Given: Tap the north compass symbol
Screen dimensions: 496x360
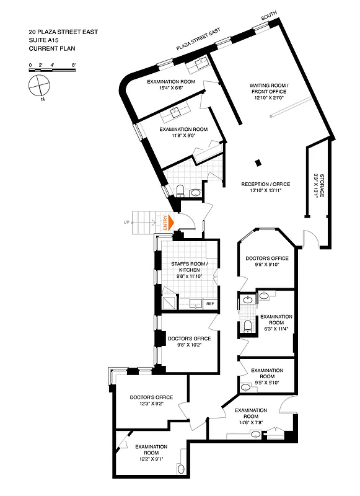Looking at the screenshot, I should (39, 83).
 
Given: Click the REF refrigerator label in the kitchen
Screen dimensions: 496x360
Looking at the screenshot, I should (209, 304).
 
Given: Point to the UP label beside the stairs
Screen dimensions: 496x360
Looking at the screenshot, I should (127, 221).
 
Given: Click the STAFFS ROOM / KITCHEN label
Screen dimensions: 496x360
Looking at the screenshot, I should (190, 272).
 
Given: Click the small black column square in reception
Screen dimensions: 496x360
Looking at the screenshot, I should (258, 163).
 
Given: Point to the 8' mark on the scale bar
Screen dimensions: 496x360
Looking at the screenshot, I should (74, 64).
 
